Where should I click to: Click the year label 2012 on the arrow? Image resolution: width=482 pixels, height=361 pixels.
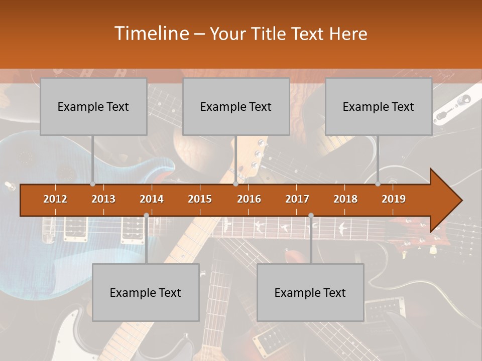(55, 199)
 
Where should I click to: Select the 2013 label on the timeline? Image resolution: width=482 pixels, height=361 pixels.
(103, 199)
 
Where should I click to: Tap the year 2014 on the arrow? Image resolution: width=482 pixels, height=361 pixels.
(152, 199)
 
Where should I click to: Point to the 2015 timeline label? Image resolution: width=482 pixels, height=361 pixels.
(200, 199)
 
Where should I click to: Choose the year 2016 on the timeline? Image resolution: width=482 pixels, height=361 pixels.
(249, 199)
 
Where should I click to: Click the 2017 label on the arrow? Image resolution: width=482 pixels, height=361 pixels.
(297, 199)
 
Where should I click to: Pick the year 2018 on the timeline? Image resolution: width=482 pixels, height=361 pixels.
(345, 199)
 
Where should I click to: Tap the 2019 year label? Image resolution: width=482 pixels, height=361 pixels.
(394, 199)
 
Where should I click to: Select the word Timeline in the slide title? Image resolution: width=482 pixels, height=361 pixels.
(151, 34)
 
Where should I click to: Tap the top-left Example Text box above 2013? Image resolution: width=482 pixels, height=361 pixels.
(93, 106)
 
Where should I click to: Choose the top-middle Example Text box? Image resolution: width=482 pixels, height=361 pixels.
(236, 106)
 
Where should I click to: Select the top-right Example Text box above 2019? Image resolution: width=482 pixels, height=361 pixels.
(379, 106)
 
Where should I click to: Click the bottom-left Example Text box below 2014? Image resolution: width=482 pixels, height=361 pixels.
(146, 292)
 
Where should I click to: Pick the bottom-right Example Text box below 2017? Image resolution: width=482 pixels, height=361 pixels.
(310, 292)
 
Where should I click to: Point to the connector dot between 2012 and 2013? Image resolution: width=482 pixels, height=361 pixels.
(92, 184)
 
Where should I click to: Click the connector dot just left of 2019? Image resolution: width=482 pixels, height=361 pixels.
(378, 184)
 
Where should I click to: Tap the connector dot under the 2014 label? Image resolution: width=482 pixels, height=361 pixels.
(146, 216)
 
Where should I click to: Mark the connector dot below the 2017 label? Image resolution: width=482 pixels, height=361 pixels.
(311, 216)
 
